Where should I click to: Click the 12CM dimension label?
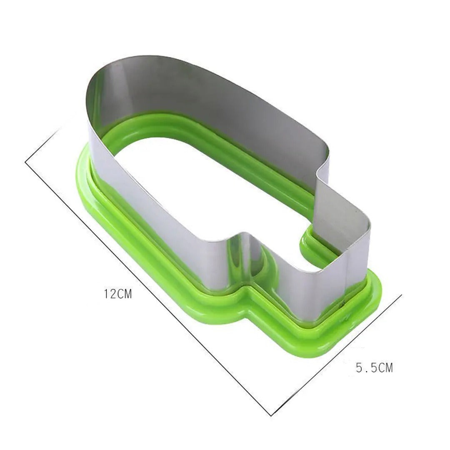118,294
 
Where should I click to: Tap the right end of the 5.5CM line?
401,295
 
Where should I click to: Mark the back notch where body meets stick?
319,171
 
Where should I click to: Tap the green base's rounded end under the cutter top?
83,167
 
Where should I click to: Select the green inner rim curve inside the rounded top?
125,137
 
